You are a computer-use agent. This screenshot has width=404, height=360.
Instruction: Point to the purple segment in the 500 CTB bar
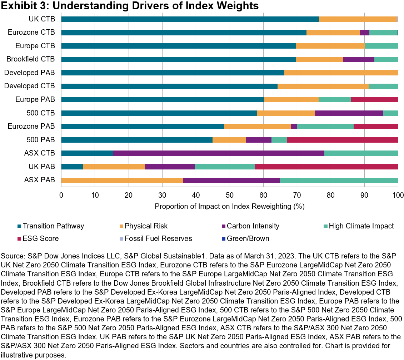pos(349,113)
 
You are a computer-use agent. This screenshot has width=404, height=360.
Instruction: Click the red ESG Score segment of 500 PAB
pos(343,140)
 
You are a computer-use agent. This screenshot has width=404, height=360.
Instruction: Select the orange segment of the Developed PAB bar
pos(341,73)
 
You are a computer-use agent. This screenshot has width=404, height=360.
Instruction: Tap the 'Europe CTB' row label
pos(35,46)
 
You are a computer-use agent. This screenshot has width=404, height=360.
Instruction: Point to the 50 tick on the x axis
pos(230,195)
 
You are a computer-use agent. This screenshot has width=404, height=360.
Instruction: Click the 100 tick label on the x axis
pos(398,195)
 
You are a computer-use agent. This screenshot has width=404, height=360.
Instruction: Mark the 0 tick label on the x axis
pos(61,195)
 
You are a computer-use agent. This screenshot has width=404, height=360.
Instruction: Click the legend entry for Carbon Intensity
pos(253,226)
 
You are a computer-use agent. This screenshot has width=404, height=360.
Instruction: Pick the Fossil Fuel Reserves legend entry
pos(158,238)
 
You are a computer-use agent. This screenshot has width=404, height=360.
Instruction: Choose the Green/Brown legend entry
pos(249,238)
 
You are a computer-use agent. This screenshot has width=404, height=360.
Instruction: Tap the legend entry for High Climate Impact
pos(361,226)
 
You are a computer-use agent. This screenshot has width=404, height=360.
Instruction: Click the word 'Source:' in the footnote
pos(12,256)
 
